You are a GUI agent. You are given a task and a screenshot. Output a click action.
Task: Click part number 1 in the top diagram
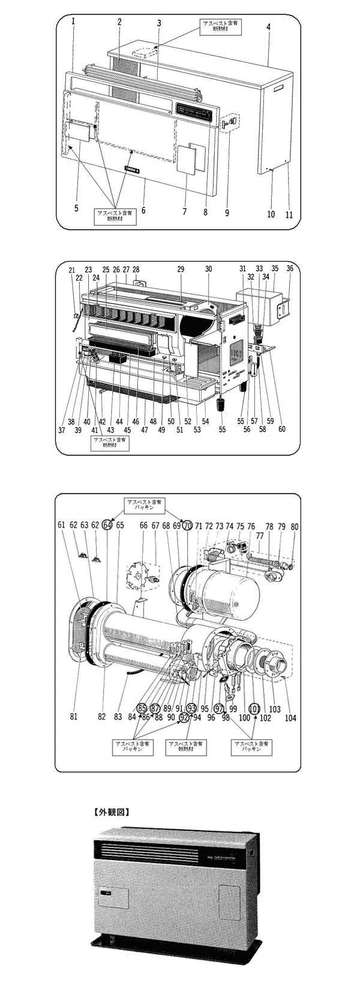[x=73, y=22]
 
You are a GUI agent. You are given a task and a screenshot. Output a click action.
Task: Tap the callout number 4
[x=269, y=28]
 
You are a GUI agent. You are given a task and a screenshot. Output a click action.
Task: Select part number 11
[x=289, y=214]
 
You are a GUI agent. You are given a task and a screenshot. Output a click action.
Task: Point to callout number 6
[x=143, y=211]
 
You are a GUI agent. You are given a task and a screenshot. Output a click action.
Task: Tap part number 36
[x=290, y=269]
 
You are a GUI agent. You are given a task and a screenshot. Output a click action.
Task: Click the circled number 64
[x=107, y=524]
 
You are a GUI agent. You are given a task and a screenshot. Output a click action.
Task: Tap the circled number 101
[x=254, y=708]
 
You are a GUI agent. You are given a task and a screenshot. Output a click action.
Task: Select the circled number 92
[x=185, y=717]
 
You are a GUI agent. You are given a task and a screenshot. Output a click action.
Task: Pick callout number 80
[x=295, y=527]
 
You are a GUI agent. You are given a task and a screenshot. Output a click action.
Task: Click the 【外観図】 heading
[x=112, y=813]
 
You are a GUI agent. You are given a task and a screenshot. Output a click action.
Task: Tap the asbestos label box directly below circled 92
[x=187, y=747]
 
